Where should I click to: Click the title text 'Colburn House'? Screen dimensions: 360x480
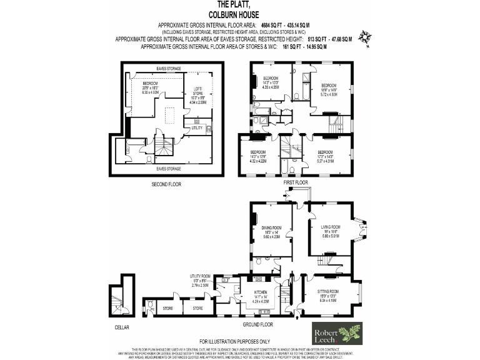(x=240, y=14)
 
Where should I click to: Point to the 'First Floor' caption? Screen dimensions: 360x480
(x=297, y=182)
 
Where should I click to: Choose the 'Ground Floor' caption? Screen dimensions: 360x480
(x=258, y=325)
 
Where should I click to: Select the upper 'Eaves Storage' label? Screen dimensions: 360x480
(x=169, y=68)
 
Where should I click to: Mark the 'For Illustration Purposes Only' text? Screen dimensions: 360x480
(x=239, y=342)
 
